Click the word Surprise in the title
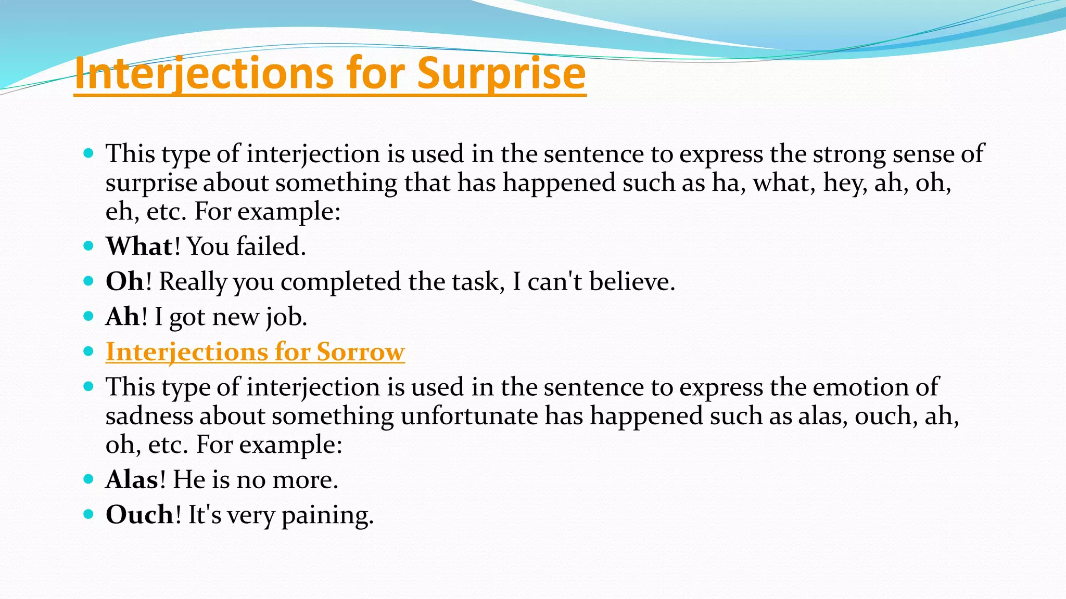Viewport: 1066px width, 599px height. [x=501, y=73]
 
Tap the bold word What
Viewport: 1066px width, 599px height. [x=139, y=246]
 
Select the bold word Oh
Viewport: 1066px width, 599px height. [x=124, y=281]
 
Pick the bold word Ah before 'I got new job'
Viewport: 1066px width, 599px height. [x=123, y=317]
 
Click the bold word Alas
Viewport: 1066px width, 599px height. [x=132, y=479]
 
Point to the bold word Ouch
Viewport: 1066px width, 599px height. [x=139, y=515]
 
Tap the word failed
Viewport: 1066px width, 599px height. [x=271, y=246]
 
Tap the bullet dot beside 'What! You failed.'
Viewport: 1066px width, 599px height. [x=88, y=246]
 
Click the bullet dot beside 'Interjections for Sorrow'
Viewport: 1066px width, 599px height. [x=88, y=351]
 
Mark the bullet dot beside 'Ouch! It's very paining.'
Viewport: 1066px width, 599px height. [x=88, y=514]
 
